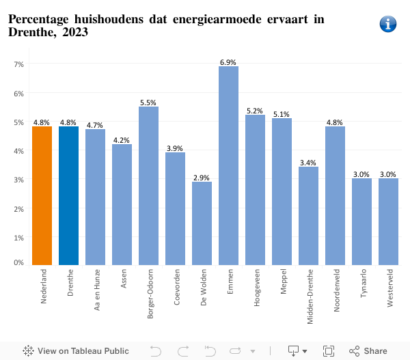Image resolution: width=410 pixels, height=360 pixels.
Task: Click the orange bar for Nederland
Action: tap(42, 195)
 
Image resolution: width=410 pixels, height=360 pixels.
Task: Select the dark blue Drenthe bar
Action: tap(68, 195)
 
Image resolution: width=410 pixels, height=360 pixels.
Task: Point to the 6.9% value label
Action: tap(228, 62)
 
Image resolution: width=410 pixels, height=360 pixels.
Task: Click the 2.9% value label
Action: tap(202, 178)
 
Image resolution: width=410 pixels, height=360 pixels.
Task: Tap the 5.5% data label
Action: tap(148, 102)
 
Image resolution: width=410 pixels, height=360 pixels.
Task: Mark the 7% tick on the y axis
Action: tap(18, 64)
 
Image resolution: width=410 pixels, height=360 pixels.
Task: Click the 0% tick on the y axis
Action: tap(18, 262)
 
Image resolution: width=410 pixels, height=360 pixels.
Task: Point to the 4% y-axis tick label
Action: tap(18, 151)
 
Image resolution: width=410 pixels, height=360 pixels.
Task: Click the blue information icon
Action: tap(387, 24)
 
